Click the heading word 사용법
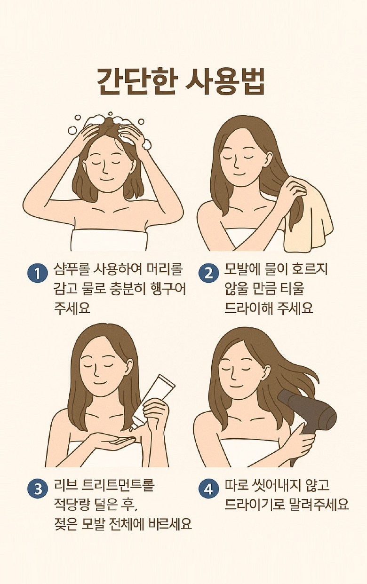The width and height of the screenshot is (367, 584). pos(225,82)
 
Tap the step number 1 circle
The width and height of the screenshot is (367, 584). pos(38,274)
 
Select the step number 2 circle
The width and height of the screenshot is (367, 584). pos(208,274)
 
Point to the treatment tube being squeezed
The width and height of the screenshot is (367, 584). pos(152,403)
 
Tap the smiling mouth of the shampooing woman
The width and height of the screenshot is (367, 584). pos(106,180)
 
